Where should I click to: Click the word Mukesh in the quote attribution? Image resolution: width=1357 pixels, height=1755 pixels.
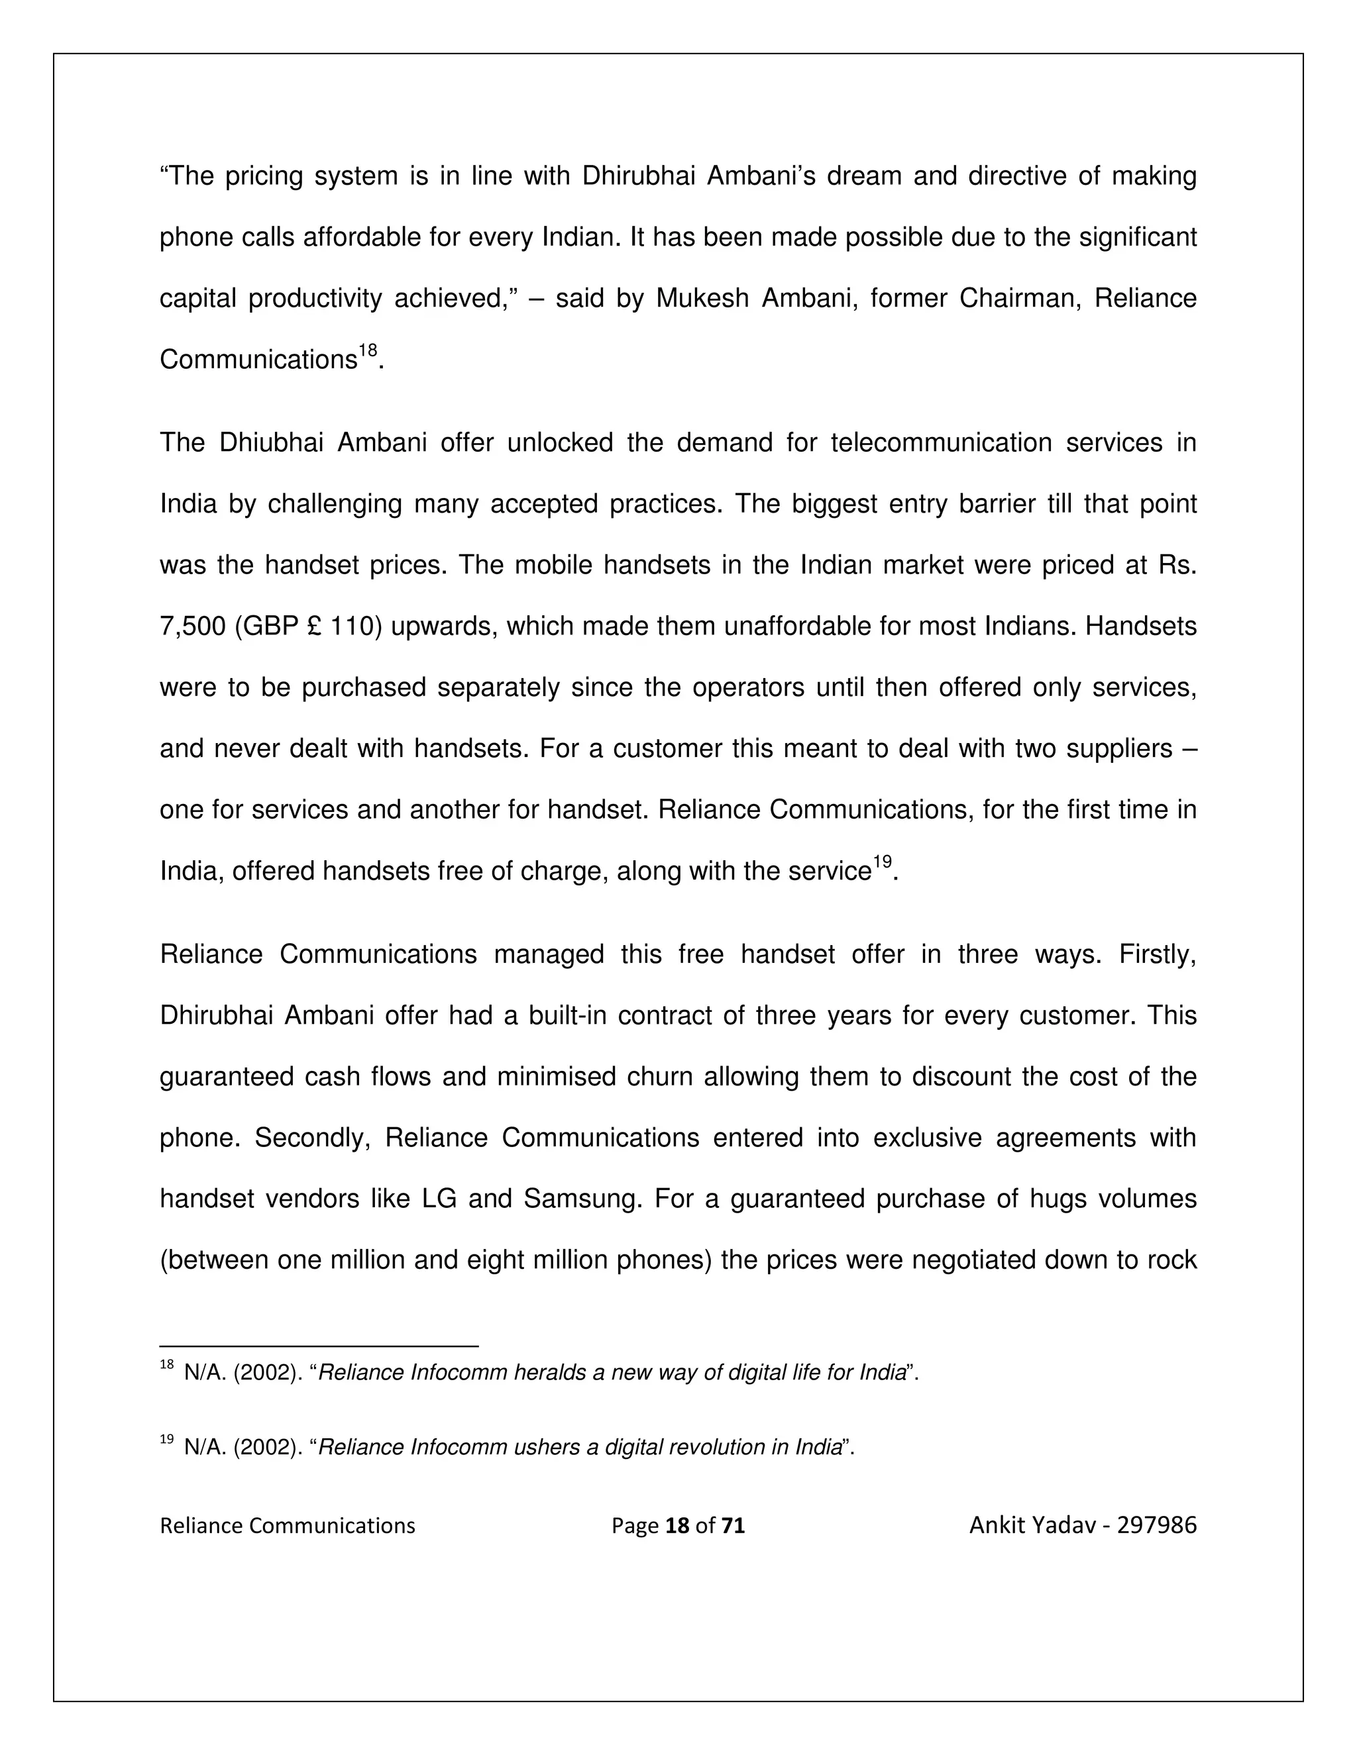pos(702,299)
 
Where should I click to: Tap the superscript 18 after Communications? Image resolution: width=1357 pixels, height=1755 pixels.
pos(367,351)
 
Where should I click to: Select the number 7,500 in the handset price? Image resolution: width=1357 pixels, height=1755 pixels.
pos(193,627)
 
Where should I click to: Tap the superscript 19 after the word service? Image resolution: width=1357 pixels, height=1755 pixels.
pos(883,862)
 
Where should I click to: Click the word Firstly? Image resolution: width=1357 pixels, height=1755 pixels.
pos(1157,954)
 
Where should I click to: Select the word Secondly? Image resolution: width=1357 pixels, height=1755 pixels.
pos(312,1138)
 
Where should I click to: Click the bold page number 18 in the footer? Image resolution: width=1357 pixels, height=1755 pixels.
pos(678,1526)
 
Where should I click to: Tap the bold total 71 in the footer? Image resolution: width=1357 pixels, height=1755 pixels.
pos(732,1526)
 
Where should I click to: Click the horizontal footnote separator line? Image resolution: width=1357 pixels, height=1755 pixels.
pos(319,1346)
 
